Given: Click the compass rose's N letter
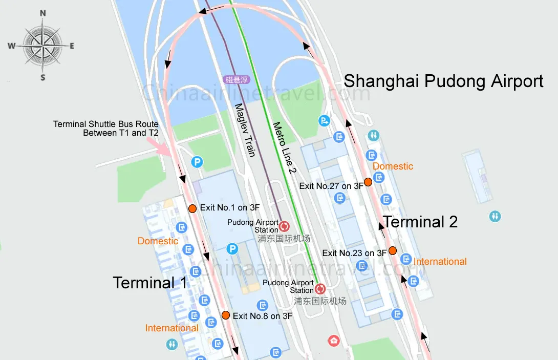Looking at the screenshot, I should tap(43, 13).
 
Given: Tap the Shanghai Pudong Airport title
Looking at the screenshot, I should tap(443, 81).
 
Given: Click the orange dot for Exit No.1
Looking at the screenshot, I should tap(192, 208).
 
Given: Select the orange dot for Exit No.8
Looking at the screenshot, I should tap(225, 315).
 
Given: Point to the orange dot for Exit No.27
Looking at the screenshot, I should tap(368, 182).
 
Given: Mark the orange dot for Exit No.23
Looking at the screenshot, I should tap(392, 250).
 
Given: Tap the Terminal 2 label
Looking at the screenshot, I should tap(420, 222).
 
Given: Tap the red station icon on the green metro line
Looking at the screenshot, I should tap(320, 289).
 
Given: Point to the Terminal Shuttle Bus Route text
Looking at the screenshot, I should tap(106, 129).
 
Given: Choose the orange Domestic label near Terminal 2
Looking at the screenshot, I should tap(393, 166).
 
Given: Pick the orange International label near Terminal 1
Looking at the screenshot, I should tap(171, 328).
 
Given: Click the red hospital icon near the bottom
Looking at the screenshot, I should tap(334, 340).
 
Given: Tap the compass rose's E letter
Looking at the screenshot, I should tap(72, 46).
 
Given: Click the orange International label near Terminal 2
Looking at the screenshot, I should tap(440, 262).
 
